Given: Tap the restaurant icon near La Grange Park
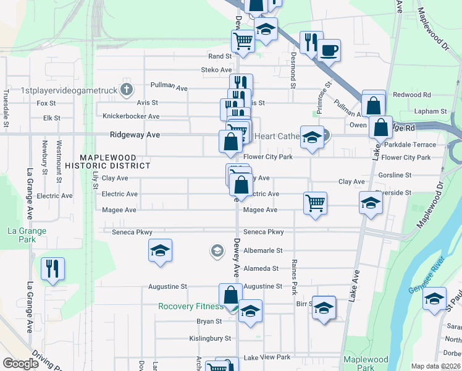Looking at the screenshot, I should (x=52, y=268).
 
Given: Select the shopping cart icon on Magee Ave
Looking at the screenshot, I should (x=315, y=203).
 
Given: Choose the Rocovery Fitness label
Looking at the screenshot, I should (x=190, y=306).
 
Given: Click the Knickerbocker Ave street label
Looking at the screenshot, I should (x=131, y=116).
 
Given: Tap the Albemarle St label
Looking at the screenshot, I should (x=262, y=250).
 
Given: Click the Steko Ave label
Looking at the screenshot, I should (x=216, y=70).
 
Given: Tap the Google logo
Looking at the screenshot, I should (x=20, y=364).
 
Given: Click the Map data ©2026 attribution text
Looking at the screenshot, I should (x=435, y=366).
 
